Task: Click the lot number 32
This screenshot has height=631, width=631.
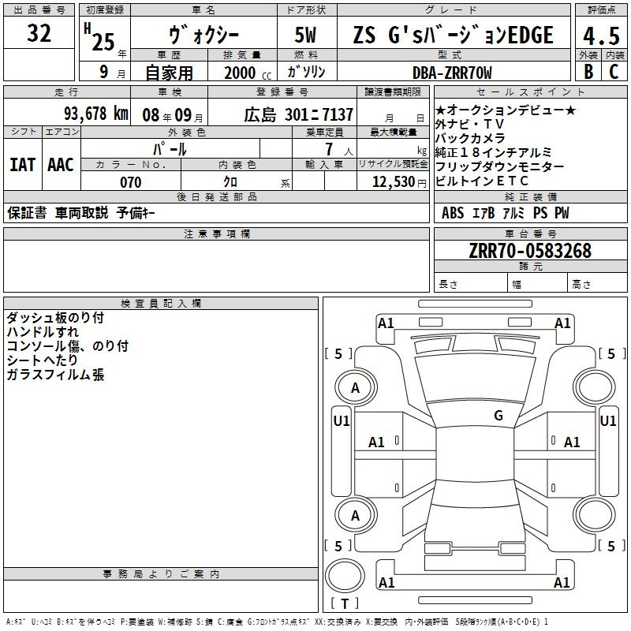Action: coord(39,34)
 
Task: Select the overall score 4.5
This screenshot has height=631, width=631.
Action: coord(600,36)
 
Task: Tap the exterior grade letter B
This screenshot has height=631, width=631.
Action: coord(588,71)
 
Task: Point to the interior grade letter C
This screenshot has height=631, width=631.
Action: coord(613,71)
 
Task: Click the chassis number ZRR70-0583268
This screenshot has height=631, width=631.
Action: coord(530,251)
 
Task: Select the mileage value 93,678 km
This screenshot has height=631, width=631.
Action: coord(95,114)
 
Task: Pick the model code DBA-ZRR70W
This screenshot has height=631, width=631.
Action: coord(452,73)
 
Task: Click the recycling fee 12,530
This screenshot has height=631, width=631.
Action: coord(397,182)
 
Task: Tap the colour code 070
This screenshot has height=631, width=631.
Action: coord(130,182)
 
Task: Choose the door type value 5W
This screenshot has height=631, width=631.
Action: coord(307,36)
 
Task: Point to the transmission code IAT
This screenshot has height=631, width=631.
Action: coord(22,165)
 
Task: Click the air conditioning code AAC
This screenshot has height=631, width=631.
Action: coord(60,165)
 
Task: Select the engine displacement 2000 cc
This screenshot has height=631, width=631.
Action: coord(245,73)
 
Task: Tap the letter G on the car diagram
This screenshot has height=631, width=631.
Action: coord(498,416)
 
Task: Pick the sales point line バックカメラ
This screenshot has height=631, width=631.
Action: coord(470,138)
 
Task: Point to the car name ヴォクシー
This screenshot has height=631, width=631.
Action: coord(203,36)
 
